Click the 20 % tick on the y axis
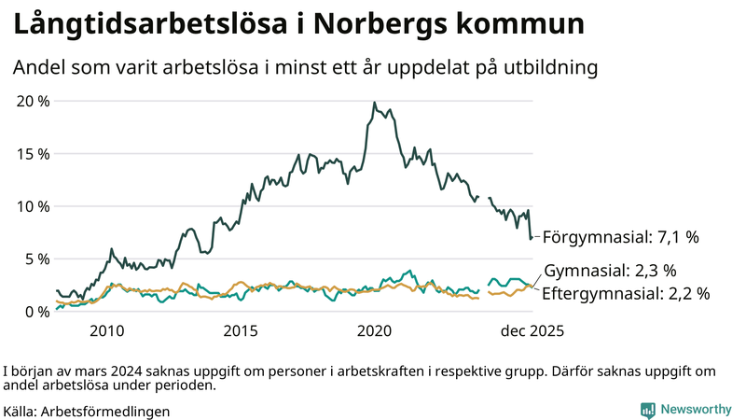point(31,101)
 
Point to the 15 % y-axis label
point(31,153)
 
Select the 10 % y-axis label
point(31,206)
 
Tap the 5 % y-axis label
point(35,259)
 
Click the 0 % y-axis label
point(35,312)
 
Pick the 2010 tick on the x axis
point(107,330)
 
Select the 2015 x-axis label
point(241,330)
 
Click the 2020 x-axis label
point(375,330)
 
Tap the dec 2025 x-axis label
point(532,330)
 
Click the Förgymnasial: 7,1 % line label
point(620,237)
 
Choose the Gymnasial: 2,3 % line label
point(610,271)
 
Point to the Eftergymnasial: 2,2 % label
point(626,293)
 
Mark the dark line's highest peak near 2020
point(374,103)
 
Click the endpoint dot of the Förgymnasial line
point(532,237)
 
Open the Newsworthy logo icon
point(647,409)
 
